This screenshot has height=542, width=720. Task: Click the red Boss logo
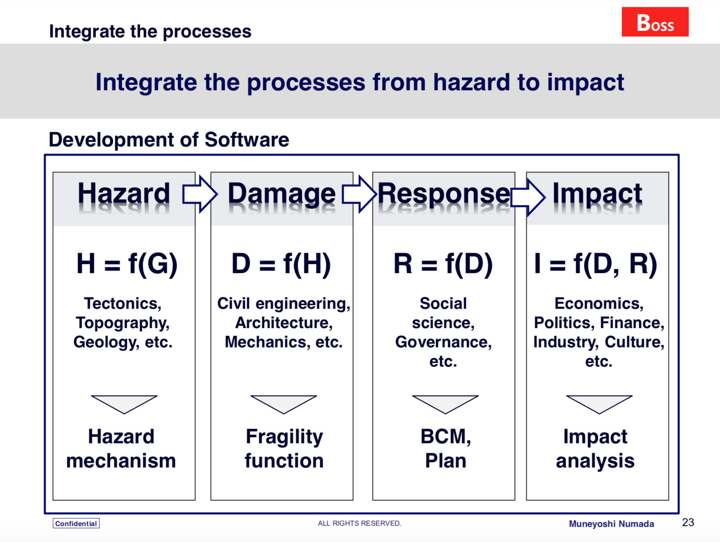point(655,22)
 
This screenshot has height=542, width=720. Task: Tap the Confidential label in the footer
point(76,524)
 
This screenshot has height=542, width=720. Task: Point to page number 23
point(688,522)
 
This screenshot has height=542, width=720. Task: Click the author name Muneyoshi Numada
point(611,524)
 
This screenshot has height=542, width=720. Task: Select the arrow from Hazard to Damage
point(200,194)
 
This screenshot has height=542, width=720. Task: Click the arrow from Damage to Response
point(359,194)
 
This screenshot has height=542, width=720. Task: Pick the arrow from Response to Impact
point(528,197)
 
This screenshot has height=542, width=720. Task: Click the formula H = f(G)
point(127,264)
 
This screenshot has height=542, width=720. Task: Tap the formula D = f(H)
point(281,264)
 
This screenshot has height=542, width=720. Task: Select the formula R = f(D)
point(443,264)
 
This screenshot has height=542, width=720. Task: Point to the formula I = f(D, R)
point(596,264)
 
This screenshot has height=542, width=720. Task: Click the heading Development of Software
point(169,139)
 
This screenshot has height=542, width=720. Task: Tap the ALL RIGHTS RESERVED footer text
point(360,523)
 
